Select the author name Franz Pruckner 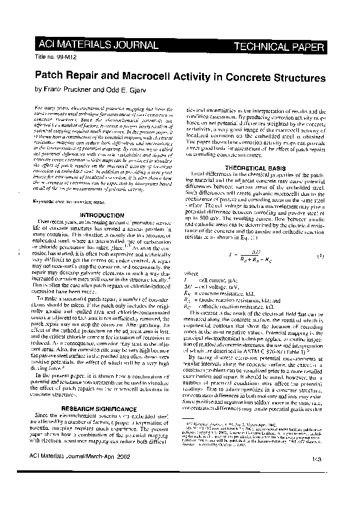pyautogui.click(x=69, y=89)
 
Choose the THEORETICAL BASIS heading pyautogui.click(x=250, y=167)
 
